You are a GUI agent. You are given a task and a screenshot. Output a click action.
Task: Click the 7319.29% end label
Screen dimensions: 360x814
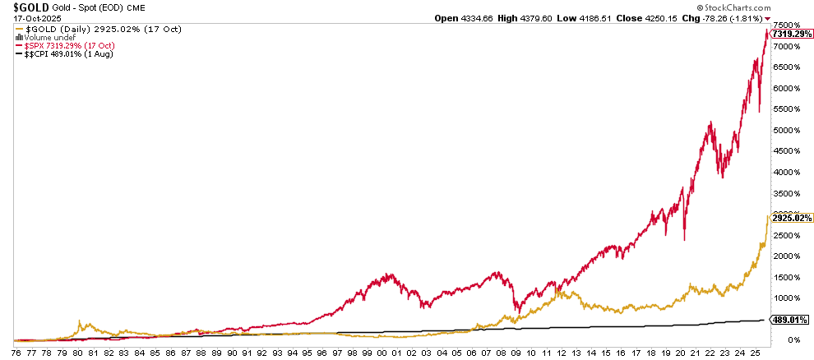click(791, 34)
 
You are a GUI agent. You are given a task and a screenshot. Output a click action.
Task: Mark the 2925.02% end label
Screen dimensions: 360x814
click(791, 218)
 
